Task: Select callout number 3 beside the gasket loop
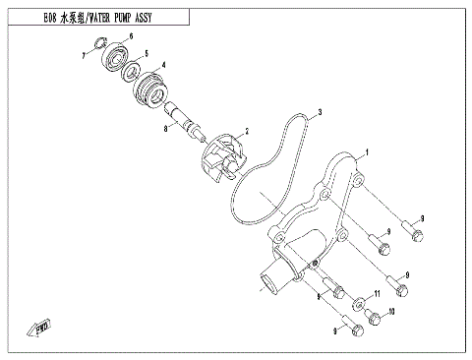click(320, 115)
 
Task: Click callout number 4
click(163, 66)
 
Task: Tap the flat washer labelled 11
click(360, 300)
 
